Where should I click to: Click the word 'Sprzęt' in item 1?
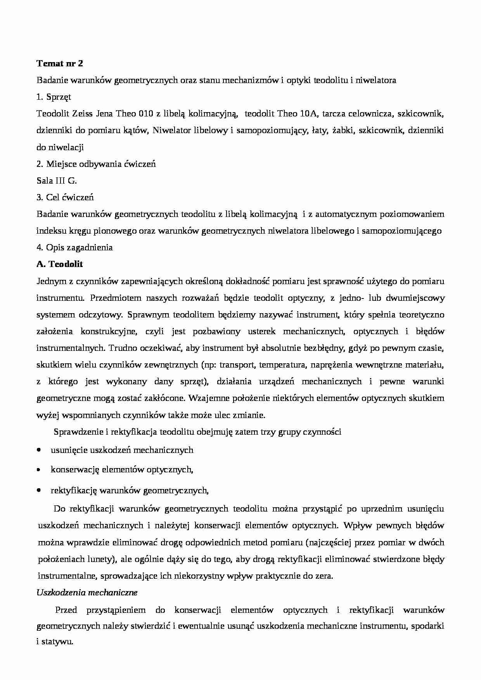click(58, 97)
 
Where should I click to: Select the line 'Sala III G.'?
click(57, 180)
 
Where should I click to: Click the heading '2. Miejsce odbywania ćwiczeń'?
click(96, 164)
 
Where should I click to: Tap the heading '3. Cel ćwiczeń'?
click(65, 197)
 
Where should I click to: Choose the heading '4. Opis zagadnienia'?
click(74, 247)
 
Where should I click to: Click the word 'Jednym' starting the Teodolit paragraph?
click(49, 281)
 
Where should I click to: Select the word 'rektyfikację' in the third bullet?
click(73, 491)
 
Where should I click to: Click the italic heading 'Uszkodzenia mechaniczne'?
click(87, 593)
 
